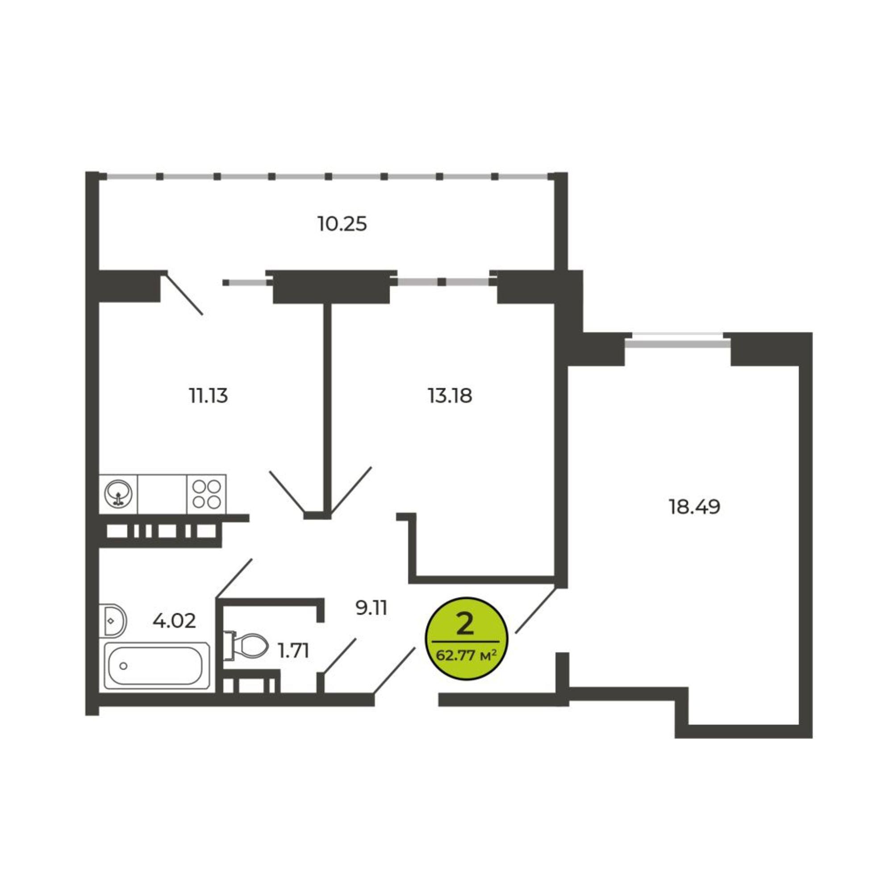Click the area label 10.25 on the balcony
(x=342, y=224)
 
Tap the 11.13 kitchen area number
(x=209, y=396)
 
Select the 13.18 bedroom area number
(x=450, y=396)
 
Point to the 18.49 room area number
(x=695, y=507)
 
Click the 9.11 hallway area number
(x=371, y=608)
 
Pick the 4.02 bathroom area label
(x=174, y=621)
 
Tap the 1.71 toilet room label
(x=293, y=651)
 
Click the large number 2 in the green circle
(x=464, y=625)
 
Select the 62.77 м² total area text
(x=466, y=655)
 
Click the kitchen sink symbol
(x=118, y=494)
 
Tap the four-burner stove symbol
(x=207, y=494)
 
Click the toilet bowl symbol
(x=246, y=645)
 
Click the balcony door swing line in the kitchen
(x=184, y=295)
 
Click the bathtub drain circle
(x=123, y=666)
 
